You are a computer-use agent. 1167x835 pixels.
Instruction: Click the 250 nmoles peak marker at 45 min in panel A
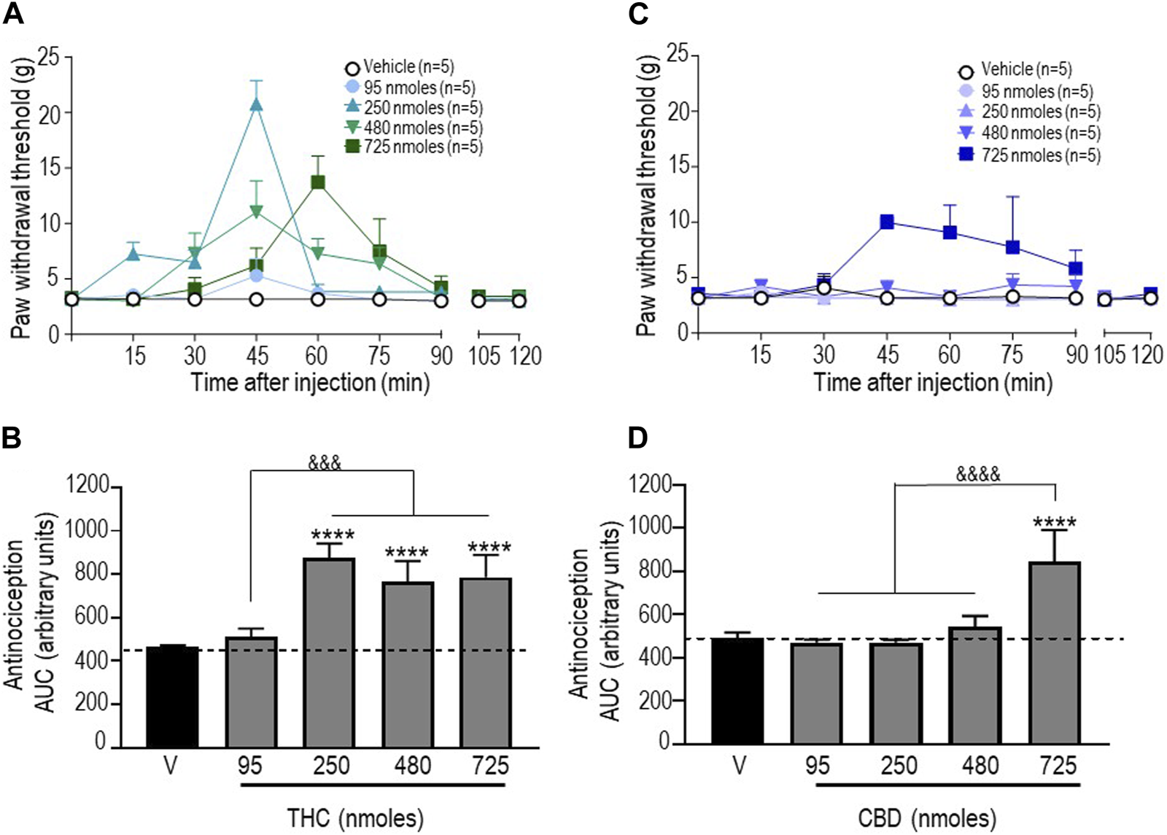pyautogui.click(x=256, y=104)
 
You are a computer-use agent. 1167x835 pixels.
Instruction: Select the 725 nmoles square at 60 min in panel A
pyautogui.click(x=317, y=182)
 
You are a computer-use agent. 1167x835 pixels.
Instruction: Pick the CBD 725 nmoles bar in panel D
pyautogui.click(x=1055, y=653)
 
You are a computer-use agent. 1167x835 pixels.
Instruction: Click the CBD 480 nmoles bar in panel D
pyautogui.click(x=976, y=686)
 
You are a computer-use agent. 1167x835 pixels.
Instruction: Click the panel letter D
pyautogui.click(x=637, y=438)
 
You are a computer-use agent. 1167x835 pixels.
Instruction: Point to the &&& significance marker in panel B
pyautogui.click(x=325, y=462)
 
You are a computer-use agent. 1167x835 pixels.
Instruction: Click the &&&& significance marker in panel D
pyautogui.click(x=978, y=474)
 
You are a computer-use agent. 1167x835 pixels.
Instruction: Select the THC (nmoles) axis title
pyautogui.click(x=355, y=817)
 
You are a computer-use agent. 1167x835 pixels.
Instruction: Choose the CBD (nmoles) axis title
pyautogui.click(x=927, y=817)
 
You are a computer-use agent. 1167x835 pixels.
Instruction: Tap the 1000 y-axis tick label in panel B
pyautogui.click(x=87, y=530)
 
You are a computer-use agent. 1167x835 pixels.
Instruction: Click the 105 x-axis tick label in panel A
pyautogui.click(x=484, y=356)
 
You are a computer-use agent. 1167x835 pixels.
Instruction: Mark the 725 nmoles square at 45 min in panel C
pyautogui.click(x=887, y=222)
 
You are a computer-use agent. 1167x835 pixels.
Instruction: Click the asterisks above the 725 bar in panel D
pyautogui.click(x=1055, y=523)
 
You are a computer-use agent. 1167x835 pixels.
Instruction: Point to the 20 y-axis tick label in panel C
pyautogui.click(x=678, y=111)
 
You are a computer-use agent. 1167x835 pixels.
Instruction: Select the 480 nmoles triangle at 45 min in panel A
pyautogui.click(x=256, y=211)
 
